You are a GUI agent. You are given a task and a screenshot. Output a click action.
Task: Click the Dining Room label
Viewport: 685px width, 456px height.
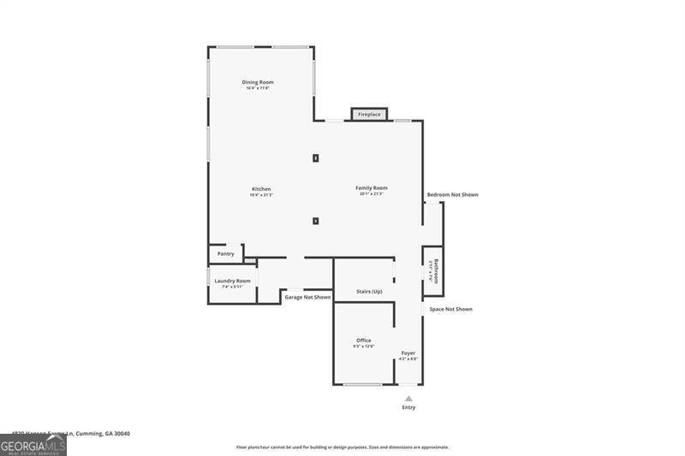(258, 82)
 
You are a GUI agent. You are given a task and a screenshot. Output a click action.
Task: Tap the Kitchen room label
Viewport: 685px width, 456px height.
(261, 189)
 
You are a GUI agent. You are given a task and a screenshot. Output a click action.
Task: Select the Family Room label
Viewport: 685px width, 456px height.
(372, 188)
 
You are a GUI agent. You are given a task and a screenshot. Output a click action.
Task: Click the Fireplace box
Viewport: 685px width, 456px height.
(369, 114)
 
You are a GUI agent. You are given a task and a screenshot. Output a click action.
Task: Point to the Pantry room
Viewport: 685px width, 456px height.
(226, 253)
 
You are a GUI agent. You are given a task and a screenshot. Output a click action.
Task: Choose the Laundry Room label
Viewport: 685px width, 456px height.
(232, 281)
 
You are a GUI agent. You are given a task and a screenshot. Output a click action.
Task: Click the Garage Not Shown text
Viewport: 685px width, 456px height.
(307, 297)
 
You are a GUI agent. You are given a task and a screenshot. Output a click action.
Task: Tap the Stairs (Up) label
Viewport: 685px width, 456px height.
(369, 292)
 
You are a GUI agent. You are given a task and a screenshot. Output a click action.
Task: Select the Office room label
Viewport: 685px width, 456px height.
(364, 341)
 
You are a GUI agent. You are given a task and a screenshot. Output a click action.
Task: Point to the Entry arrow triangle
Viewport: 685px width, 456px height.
(408, 398)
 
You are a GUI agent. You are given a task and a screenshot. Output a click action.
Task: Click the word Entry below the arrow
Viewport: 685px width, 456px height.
(408, 407)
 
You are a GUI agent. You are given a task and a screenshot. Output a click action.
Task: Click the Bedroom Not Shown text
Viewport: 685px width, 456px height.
(452, 195)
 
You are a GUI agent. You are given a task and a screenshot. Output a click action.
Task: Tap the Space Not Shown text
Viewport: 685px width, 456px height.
(450, 309)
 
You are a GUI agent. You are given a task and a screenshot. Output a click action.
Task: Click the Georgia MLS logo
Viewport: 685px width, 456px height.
(33, 445)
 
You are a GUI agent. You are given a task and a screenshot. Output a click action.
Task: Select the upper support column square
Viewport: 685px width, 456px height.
(316, 157)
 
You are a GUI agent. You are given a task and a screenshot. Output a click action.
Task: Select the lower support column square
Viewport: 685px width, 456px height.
(316, 221)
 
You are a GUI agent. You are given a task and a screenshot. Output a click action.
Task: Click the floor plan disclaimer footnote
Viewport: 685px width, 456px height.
(342, 447)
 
